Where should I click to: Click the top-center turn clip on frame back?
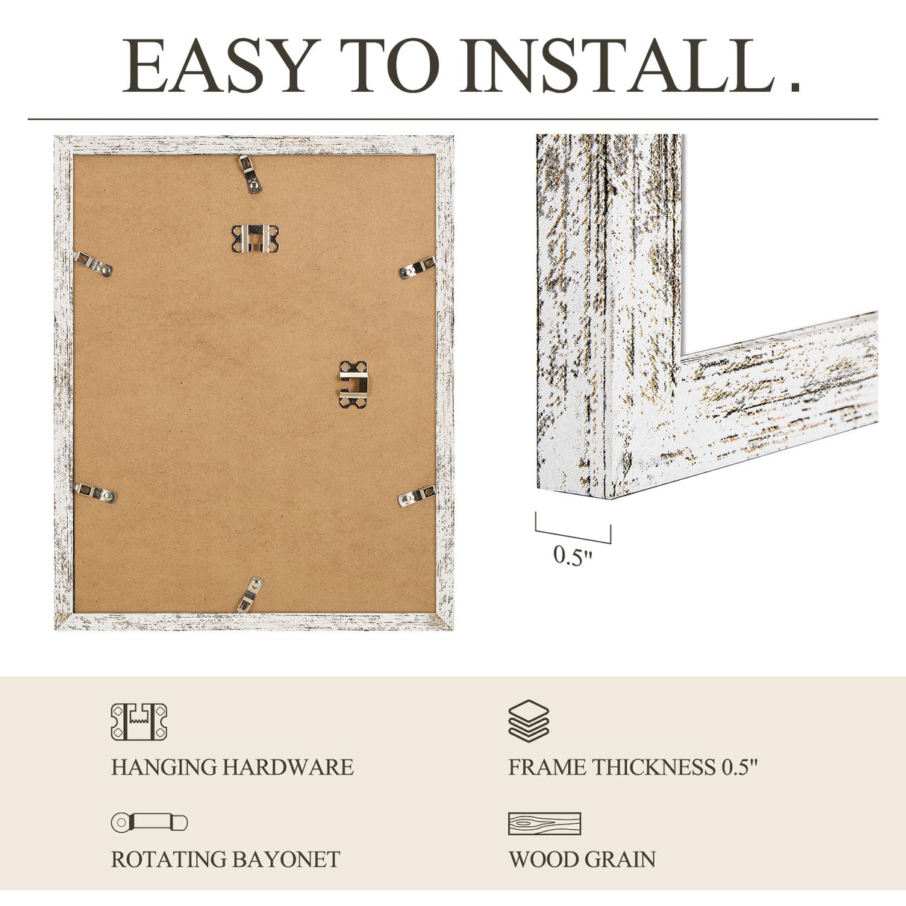[x=252, y=174]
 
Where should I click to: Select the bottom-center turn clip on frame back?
[x=251, y=594]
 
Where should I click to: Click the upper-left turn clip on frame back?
[x=94, y=263]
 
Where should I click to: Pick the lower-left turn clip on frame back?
[x=96, y=493]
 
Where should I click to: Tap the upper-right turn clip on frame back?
[x=416, y=267]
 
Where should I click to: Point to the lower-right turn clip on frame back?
[x=416, y=496]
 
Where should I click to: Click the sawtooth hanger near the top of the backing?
[x=254, y=238]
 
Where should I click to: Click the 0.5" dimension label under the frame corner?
[x=572, y=556]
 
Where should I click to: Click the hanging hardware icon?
[x=139, y=722]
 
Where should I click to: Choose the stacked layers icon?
[x=528, y=721]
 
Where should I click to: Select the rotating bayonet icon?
[x=149, y=822]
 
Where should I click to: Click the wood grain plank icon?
[x=544, y=824]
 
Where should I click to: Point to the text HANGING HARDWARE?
[x=232, y=767]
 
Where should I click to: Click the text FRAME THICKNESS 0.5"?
[x=633, y=767]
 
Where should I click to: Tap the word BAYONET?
[x=284, y=860]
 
